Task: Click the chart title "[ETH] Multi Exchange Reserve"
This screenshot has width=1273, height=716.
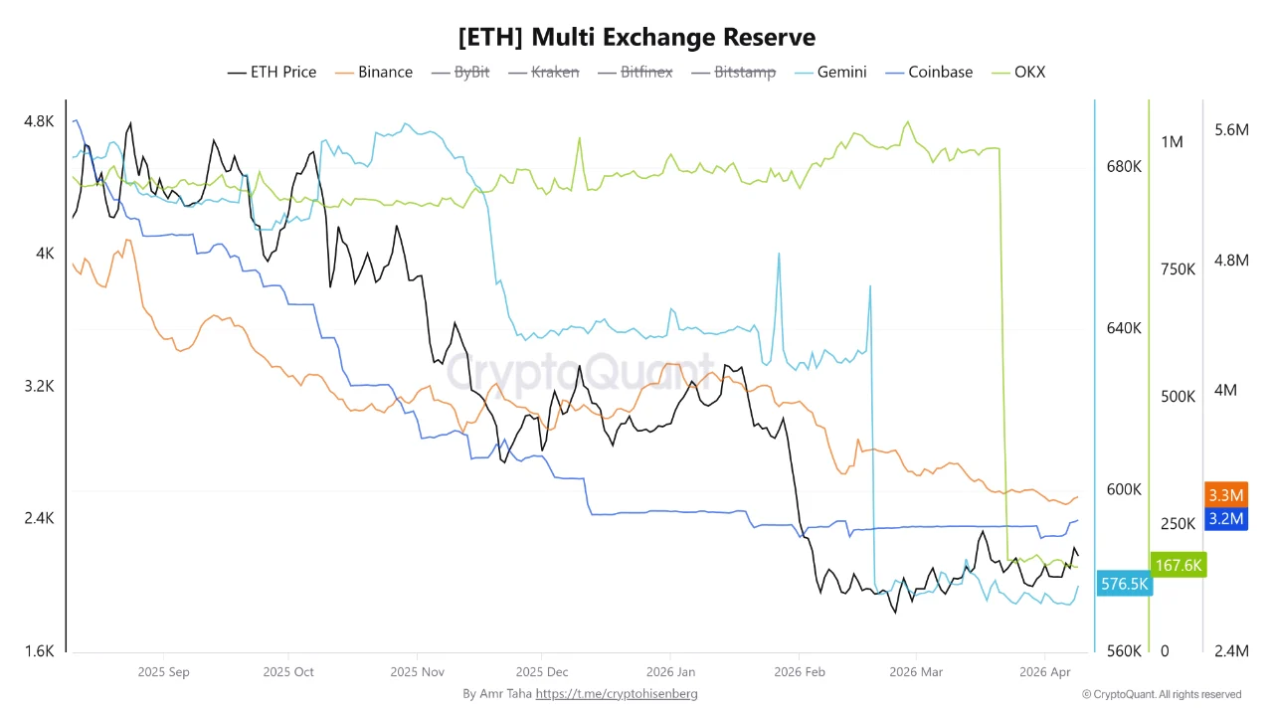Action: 636,38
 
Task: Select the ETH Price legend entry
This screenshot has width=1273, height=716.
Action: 273,72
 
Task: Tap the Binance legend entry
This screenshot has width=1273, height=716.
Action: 375,72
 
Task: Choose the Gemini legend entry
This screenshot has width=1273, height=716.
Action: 829,72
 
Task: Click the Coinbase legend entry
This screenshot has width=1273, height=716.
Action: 930,72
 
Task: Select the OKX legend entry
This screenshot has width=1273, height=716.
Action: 1018,72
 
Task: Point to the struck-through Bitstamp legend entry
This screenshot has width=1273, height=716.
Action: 733,72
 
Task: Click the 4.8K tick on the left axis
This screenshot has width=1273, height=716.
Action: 39,121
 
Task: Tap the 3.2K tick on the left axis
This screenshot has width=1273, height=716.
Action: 39,386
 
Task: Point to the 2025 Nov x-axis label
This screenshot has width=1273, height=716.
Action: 418,672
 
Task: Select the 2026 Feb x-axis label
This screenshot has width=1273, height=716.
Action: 800,672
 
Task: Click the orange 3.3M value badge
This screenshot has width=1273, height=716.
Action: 1225,495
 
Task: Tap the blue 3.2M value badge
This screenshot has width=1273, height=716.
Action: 1225,518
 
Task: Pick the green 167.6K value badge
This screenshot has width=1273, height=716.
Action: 1179,565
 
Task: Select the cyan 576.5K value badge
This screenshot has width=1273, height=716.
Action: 1125,584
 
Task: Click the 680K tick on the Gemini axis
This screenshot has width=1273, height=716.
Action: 1124,166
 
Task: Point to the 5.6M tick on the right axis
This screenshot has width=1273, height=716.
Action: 1231,129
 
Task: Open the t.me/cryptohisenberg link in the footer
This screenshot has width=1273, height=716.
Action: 617,693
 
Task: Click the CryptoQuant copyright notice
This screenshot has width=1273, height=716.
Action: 1162,694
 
